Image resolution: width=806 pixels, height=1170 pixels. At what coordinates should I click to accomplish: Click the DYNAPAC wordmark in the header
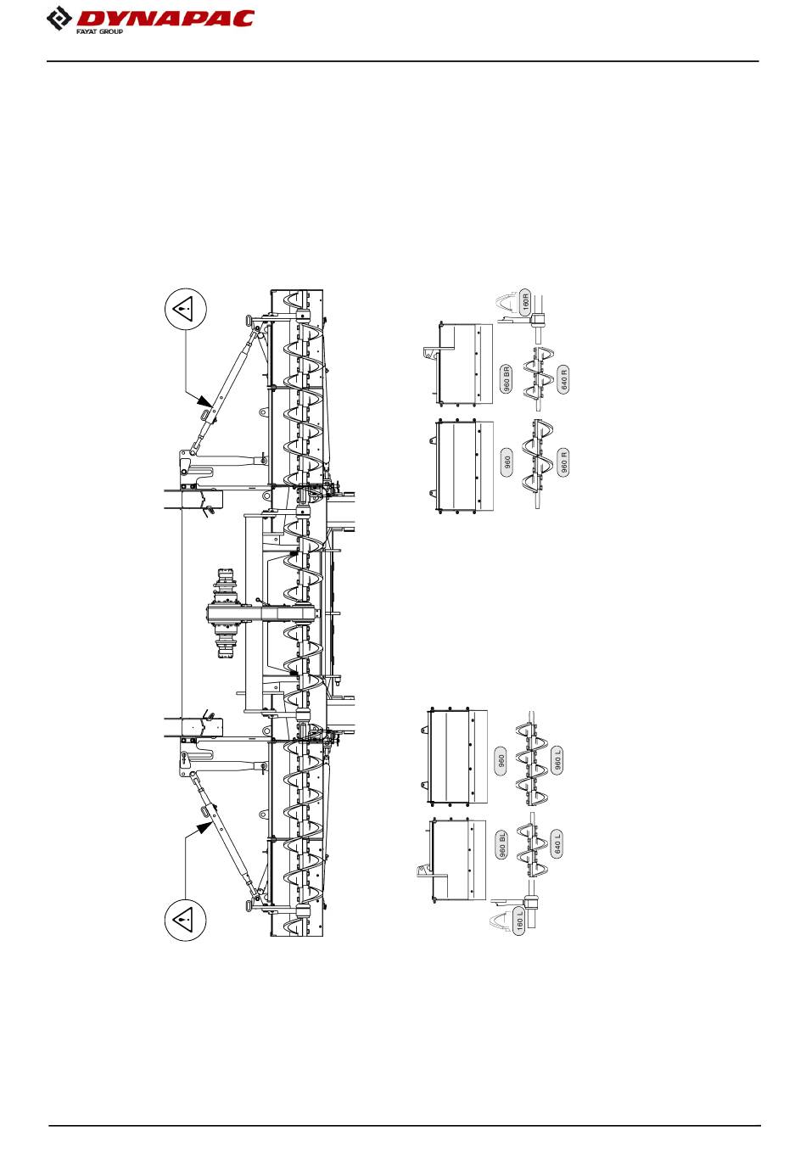165,19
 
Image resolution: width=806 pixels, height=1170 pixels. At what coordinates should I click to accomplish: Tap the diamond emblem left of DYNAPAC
59,19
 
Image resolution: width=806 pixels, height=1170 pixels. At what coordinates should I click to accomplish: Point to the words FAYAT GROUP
100,32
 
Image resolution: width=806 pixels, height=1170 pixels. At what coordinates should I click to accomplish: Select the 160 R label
525,302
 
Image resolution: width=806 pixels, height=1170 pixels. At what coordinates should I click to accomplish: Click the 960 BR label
506,379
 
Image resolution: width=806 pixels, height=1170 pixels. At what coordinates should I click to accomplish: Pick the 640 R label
563,379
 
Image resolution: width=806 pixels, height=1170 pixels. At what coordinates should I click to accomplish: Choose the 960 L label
557,760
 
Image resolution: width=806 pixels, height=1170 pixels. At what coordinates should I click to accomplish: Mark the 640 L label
557,843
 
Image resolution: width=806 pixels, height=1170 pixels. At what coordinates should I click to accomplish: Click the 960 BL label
501,844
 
